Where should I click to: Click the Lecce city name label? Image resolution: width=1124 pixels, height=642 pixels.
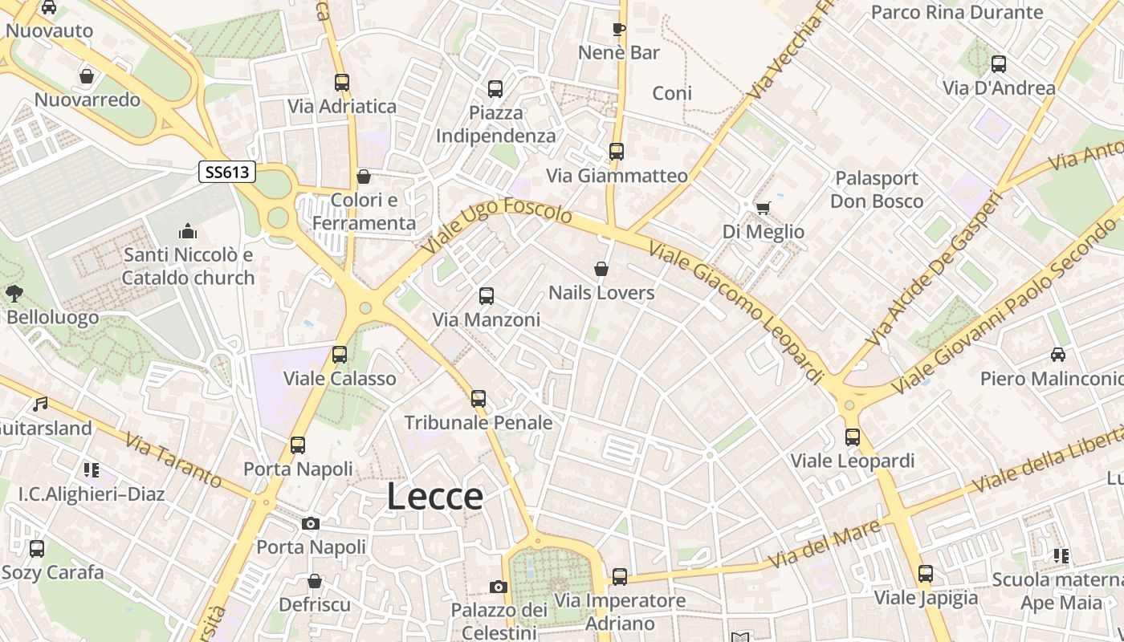pyautogui.click(x=435, y=496)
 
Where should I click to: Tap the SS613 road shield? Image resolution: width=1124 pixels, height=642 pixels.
pyautogui.click(x=227, y=171)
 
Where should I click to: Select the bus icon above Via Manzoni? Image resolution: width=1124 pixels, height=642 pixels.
pyautogui.click(x=486, y=296)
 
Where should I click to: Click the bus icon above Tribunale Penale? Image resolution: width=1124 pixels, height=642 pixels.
pyautogui.click(x=479, y=398)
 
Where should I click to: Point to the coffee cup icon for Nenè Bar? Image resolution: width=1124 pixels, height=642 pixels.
pyautogui.click(x=618, y=30)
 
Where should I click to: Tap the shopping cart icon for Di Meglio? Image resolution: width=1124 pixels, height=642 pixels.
pyautogui.click(x=763, y=208)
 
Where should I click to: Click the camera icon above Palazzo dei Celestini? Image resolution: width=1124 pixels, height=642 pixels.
pyautogui.click(x=499, y=587)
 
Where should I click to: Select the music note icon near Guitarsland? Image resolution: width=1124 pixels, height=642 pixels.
pyautogui.click(x=40, y=404)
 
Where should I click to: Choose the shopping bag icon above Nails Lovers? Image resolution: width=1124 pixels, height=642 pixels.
pyautogui.click(x=601, y=269)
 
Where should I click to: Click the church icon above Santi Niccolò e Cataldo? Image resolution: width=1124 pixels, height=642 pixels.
pyautogui.click(x=188, y=232)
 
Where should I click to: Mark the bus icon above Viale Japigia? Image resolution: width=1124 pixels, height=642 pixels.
pyautogui.click(x=926, y=574)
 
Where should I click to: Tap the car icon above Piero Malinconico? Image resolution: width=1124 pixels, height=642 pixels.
pyautogui.click(x=1058, y=354)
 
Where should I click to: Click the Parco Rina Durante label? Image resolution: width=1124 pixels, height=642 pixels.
pyautogui.click(x=957, y=12)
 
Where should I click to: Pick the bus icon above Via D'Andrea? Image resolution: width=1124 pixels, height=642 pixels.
pyautogui.click(x=999, y=64)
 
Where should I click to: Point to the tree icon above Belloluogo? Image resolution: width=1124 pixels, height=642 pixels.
pyautogui.click(x=14, y=293)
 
